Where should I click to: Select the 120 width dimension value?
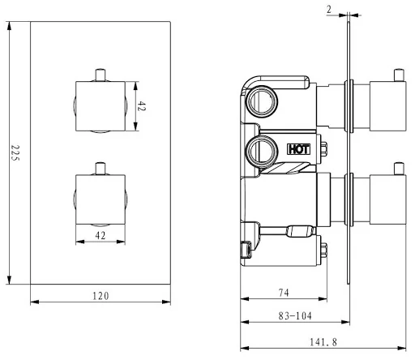point(100,296)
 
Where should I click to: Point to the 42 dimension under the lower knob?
point(101,235)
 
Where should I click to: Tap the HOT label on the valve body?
point(297,149)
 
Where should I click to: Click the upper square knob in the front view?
point(101,105)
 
